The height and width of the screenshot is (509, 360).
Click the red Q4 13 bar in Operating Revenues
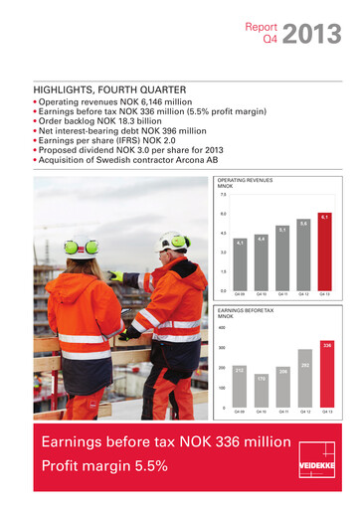pyautogui.click(x=324, y=253)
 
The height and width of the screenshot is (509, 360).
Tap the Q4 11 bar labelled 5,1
pyautogui.click(x=282, y=258)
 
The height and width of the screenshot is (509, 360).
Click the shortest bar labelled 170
pyautogui.click(x=262, y=393)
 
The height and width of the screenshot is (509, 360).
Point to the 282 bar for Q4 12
pyautogui.click(x=304, y=383)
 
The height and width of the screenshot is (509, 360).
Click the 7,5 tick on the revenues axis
pyautogui.click(x=223, y=195)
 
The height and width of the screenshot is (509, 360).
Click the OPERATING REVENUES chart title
pyautogui.click(x=245, y=180)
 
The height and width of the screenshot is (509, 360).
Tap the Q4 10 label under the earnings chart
pyautogui.click(x=262, y=411)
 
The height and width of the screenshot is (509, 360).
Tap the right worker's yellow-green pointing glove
pyautogui.click(x=117, y=276)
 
